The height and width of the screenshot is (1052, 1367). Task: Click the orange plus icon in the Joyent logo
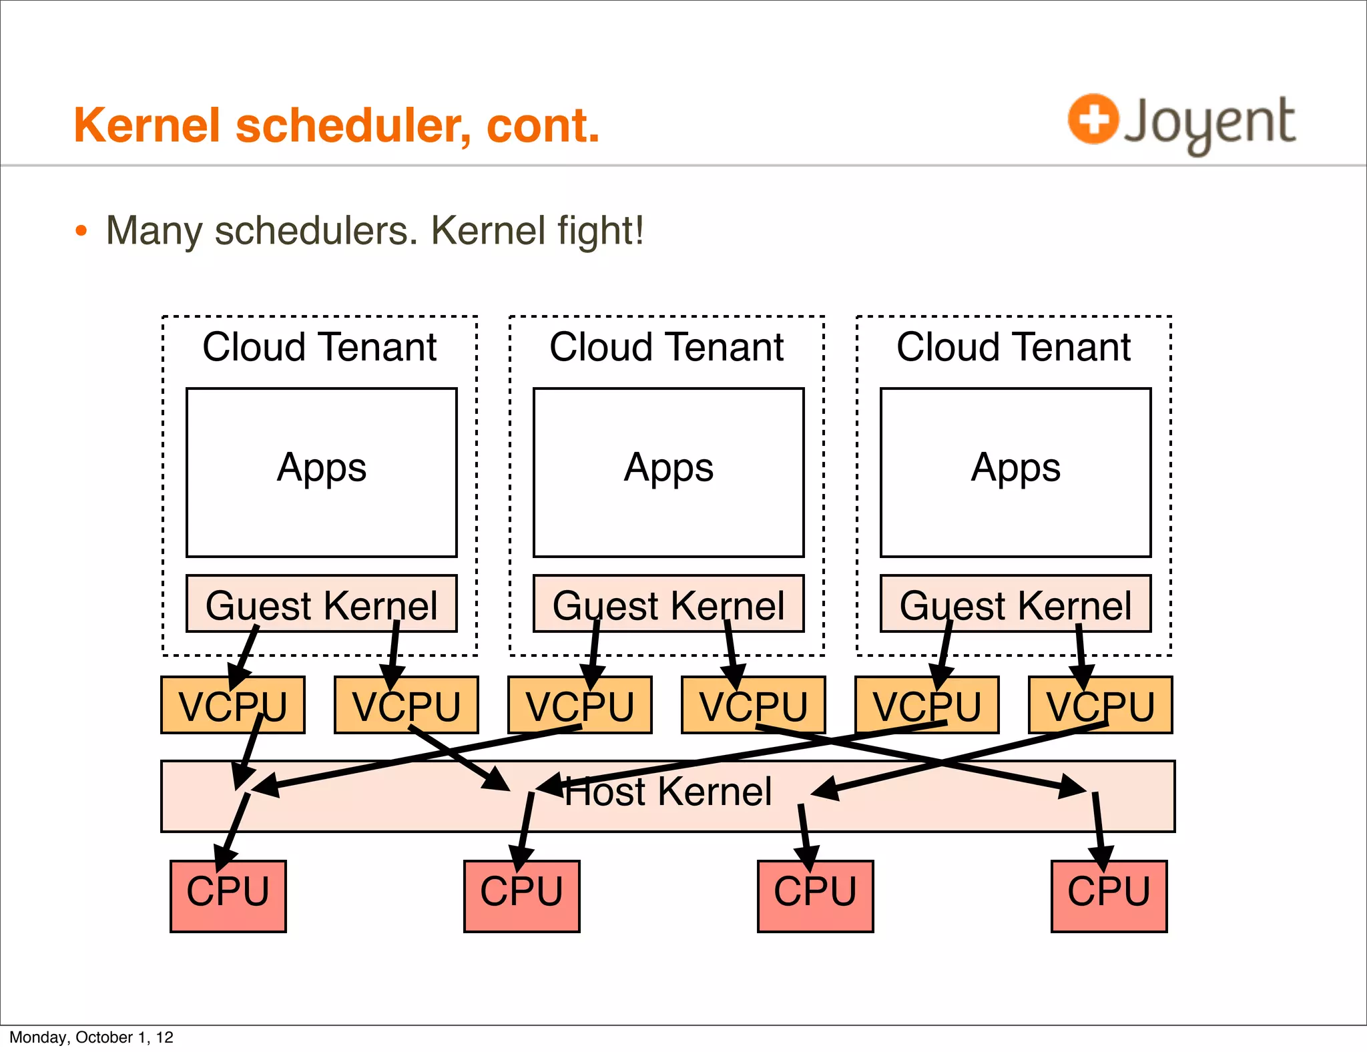point(1093,119)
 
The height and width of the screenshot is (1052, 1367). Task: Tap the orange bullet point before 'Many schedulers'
point(81,232)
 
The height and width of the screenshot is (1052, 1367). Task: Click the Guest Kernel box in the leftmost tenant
point(321,603)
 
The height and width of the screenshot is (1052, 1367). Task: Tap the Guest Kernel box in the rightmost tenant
point(1015,603)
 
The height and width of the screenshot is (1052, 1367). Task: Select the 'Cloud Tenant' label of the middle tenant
point(666,347)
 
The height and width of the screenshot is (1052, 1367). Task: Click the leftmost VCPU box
point(232,705)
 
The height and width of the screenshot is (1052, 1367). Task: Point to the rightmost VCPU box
point(1100,705)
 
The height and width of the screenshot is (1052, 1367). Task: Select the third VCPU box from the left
point(579,705)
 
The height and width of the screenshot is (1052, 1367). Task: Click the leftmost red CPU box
point(228,896)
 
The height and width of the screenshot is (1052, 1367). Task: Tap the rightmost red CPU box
point(1109,896)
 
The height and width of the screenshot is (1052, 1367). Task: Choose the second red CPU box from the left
point(521,896)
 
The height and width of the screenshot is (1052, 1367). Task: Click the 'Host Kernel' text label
point(667,792)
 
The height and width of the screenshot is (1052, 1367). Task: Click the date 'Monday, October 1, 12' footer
point(91,1037)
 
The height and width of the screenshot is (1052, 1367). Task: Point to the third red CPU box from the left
point(815,896)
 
